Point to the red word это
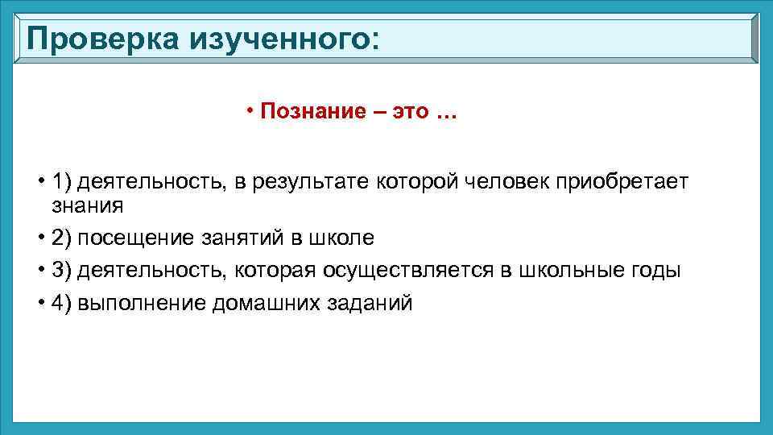tap(410, 111)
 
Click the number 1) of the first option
tap(62, 182)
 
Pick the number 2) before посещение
tap(62, 238)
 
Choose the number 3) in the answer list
tap(62, 271)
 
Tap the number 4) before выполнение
tap(62, 303)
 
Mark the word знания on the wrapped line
tap(89, 206)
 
